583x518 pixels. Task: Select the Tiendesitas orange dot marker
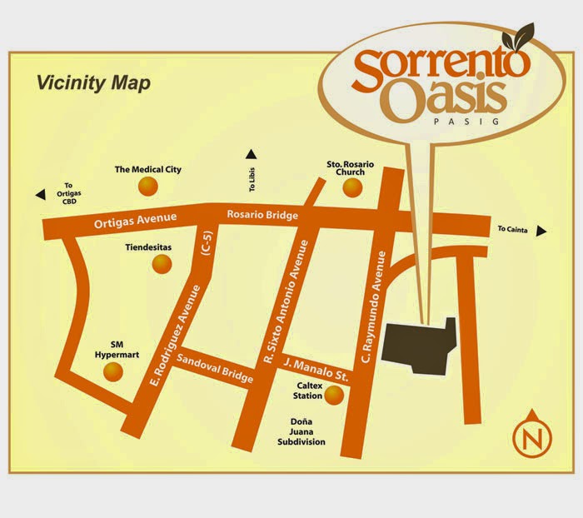click(x=160, y=264)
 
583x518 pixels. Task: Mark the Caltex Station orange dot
click(x=332, y=396)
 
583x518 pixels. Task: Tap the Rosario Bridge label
click(x=262, y=215)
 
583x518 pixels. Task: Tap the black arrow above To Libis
click(x=251, y=153)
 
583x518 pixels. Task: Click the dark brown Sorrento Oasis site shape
click(x=421, y=342)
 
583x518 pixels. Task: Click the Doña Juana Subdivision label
click(x=301, y=431)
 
